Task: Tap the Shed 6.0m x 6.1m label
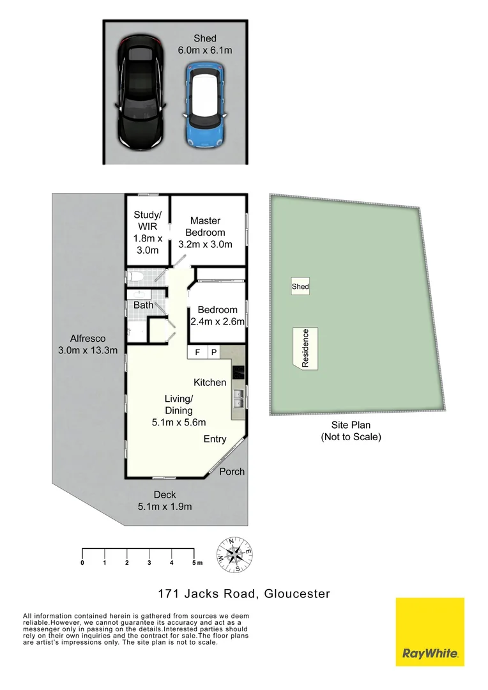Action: pos(205,44)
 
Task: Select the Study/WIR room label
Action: pos(147,232)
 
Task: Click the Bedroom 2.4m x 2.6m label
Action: pos(217,316)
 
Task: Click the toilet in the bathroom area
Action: pos(135,277)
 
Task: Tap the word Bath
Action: pos(143,305)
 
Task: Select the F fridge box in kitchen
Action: pos(197,352)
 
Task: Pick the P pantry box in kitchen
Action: pos(213,352)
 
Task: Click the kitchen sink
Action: pos(238,400)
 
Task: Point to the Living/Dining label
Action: pos(178,410)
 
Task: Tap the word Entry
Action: pos(215,439)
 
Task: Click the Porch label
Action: pos(232,471)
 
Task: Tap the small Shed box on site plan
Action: pos(300,287)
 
